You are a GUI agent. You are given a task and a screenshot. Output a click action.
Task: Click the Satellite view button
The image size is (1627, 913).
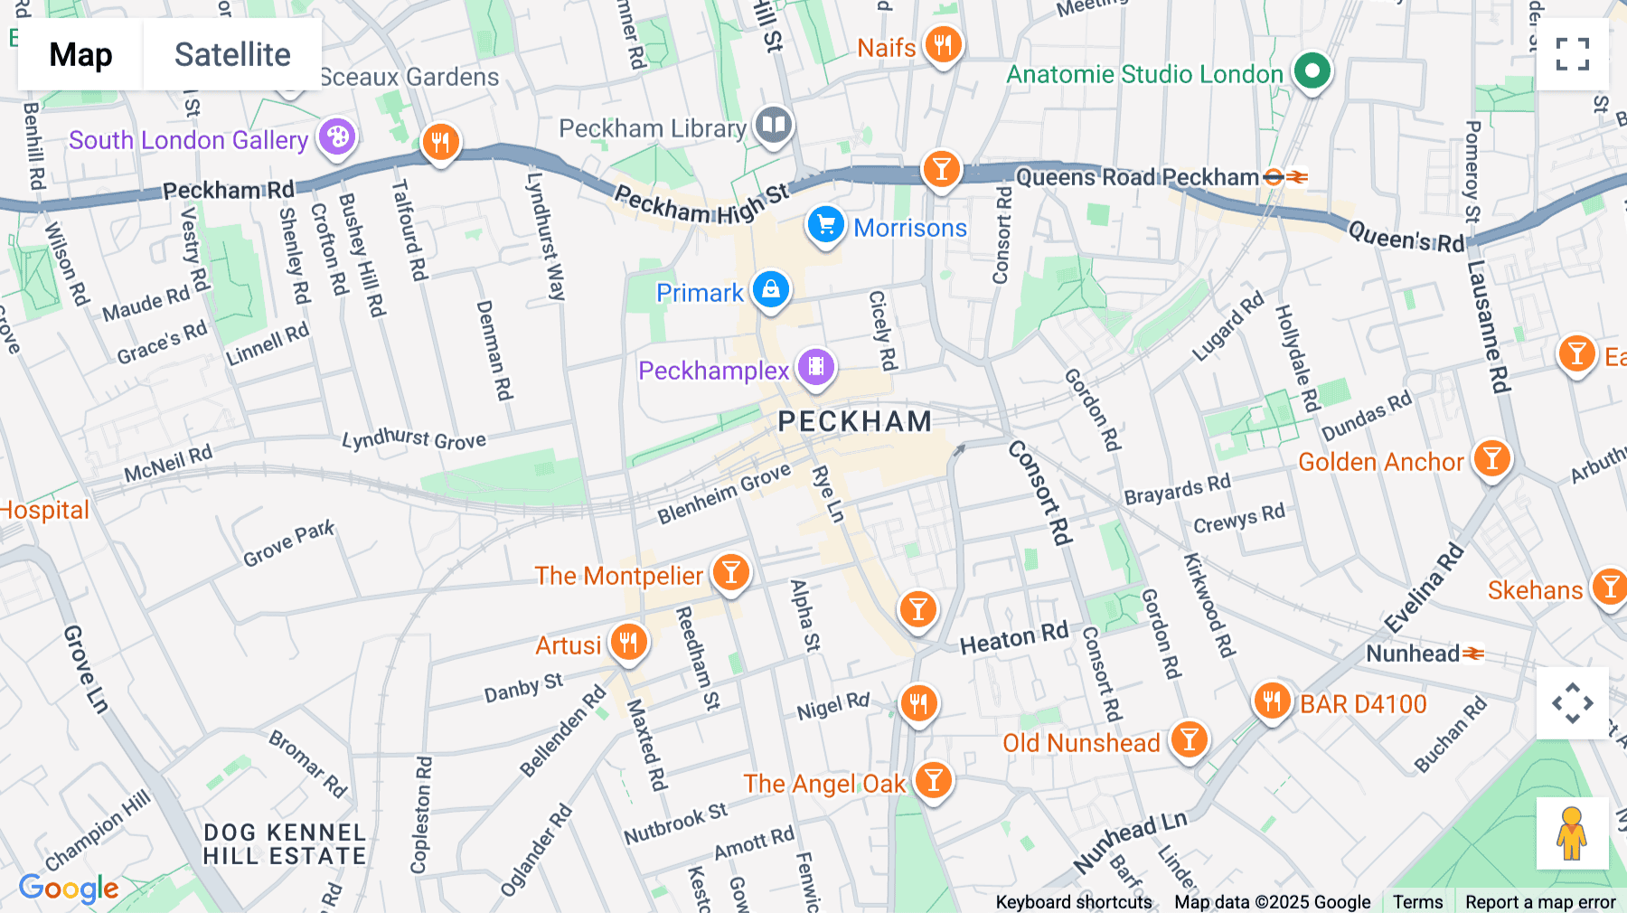click(x=232, y=54)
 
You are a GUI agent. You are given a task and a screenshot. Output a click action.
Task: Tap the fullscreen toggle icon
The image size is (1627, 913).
click(x=1572, y=54)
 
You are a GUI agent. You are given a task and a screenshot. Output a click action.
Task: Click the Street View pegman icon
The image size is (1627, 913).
click(x=1572, y=833)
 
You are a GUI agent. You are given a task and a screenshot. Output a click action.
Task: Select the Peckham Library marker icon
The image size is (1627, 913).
click(x=773, y=126)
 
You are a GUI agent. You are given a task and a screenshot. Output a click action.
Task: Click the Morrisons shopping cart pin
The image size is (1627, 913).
click(x=825, y=225)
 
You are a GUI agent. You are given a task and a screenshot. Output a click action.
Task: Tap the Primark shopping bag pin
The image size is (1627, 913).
click(x=771, y=290)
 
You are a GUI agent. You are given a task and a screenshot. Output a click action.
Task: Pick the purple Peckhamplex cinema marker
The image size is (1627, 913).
click(x=815, y=367)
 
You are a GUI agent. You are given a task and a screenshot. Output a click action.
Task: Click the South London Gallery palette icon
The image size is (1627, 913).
click(x=337, y=137)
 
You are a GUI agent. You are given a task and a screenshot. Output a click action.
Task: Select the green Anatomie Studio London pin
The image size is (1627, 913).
click(x=1312, y=71)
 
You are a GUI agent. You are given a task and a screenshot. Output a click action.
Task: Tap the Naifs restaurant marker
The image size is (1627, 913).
click(x=943, y=43)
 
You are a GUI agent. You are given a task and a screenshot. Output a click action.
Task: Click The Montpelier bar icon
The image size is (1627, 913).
click(x=731, y=572)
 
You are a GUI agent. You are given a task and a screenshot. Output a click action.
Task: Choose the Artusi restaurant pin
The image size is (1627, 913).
click(x=628, y=643)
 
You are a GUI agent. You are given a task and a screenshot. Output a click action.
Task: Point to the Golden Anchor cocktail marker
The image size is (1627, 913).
click(x=1491, y=459)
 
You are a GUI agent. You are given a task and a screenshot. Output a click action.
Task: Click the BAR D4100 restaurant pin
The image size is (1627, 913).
click(x=1272, y=701)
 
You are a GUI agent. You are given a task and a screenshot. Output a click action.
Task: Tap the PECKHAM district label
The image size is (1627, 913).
click(x=854, y=421)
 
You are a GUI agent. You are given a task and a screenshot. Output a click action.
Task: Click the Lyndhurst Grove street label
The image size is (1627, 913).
click(x=414, y=439)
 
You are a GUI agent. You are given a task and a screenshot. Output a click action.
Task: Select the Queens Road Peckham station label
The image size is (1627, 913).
click(x=1137, y=177)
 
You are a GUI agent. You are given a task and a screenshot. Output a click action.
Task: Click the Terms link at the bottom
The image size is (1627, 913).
click(x=1417, y=901)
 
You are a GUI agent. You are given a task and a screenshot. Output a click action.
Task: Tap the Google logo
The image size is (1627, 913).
click(x=69, y=889)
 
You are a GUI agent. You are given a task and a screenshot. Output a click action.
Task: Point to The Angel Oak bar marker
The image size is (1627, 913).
click(x=933, y=779)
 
